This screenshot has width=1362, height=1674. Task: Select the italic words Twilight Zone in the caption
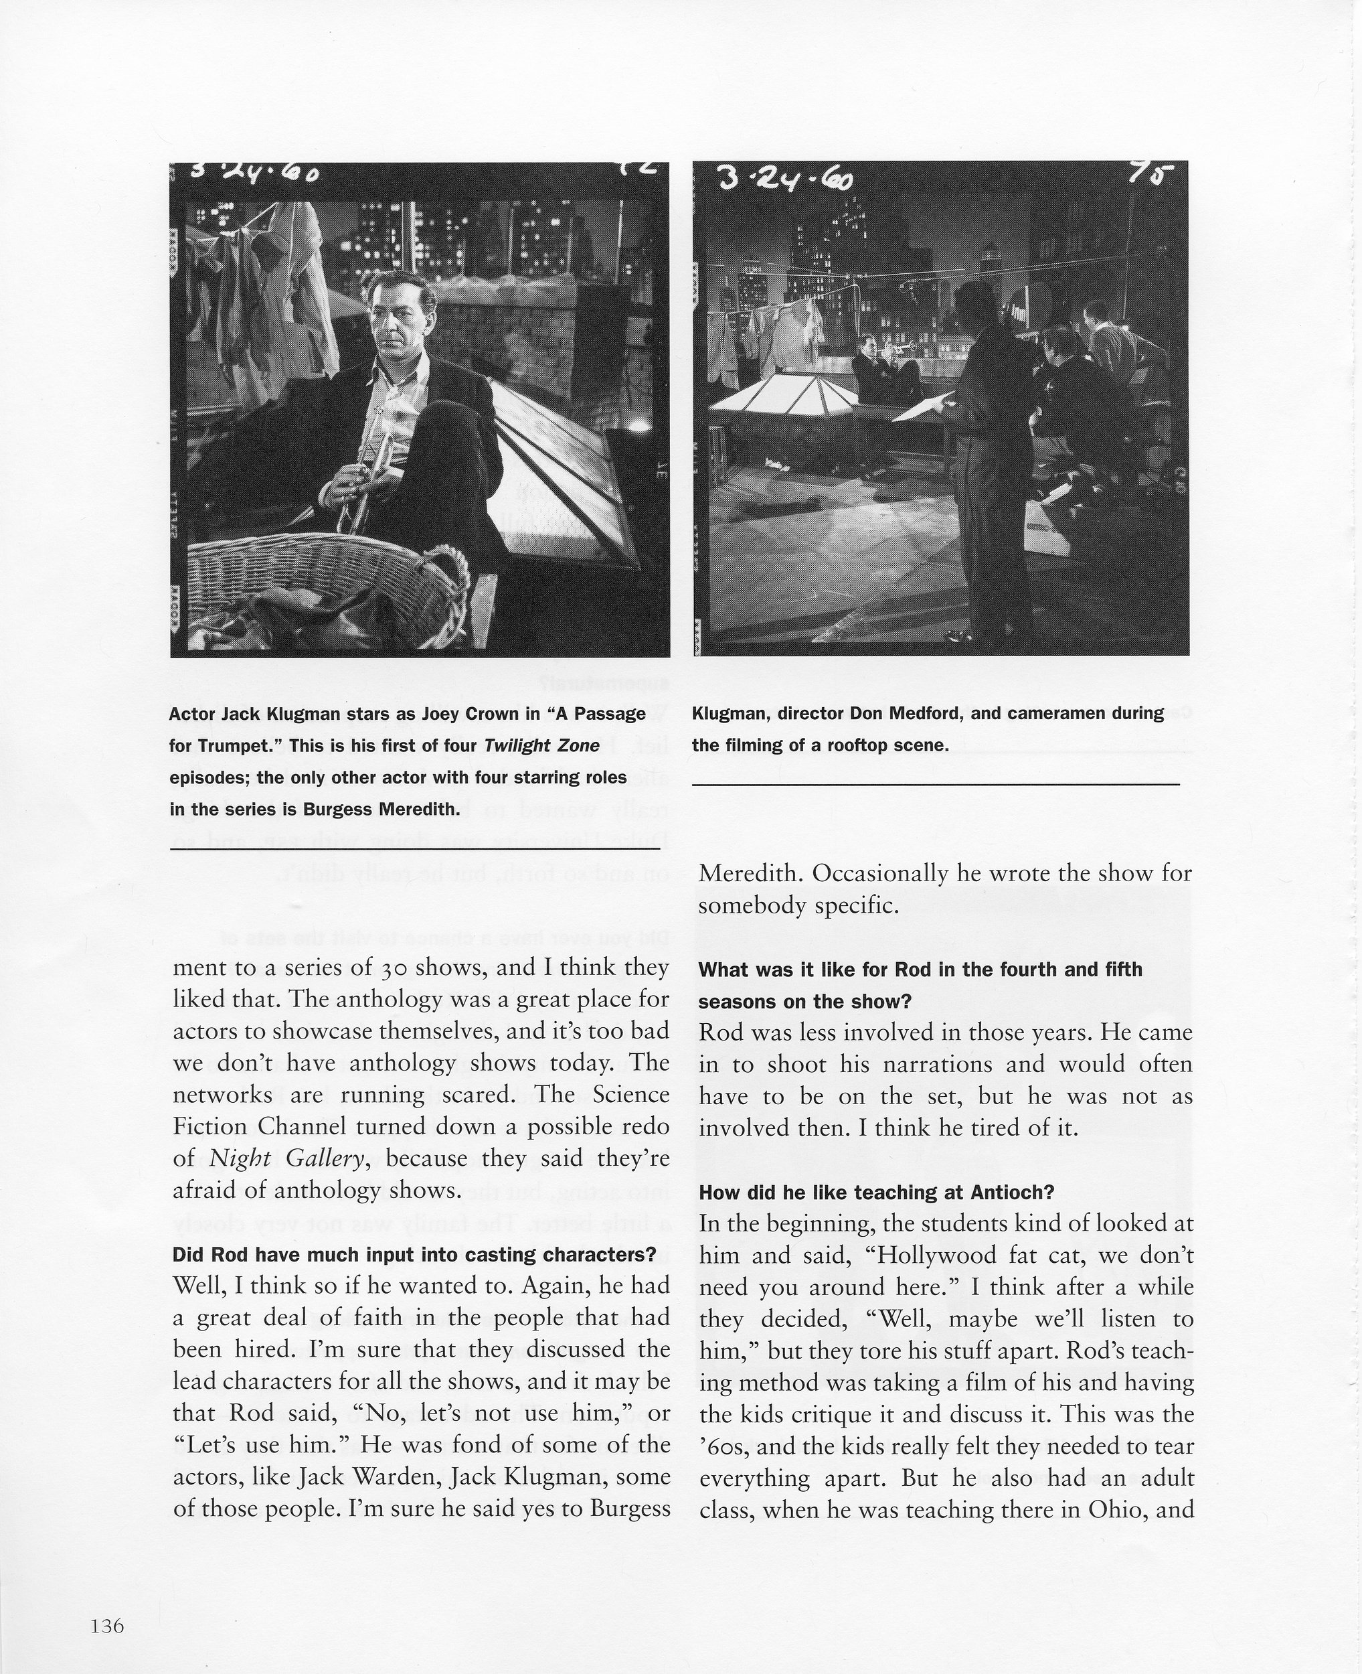(x=541, y=745)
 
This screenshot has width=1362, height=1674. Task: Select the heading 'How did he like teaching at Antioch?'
(x=875, y=1192)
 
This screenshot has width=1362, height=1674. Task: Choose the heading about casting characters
(x=414, y=1254)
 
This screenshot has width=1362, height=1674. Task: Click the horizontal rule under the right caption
(x=935, y=783)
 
